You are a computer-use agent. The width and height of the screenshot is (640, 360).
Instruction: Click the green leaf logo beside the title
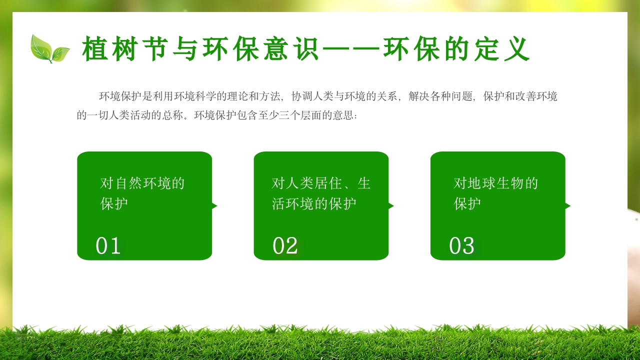coord(49,48)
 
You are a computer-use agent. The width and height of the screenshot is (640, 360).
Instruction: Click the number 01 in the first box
coord(108,246)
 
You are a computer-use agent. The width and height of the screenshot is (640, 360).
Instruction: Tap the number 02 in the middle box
coord(285,246)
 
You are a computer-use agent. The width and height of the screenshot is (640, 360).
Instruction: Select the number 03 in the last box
coord(461,246)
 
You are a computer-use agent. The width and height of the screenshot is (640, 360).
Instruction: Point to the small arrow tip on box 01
coord(215,206)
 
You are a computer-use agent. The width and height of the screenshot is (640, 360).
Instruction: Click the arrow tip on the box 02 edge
coord(391,206)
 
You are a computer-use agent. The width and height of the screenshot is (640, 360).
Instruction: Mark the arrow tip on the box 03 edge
coord(568,206)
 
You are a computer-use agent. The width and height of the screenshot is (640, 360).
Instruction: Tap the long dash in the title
coord(352,49)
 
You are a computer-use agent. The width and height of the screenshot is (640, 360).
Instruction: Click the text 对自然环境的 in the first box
coord(142,183)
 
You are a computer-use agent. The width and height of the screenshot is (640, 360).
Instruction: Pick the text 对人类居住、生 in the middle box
coord(321,183)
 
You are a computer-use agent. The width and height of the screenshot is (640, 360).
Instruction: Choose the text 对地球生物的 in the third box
coord(495,183)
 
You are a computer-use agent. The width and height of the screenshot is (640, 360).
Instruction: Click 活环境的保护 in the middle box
coord(314,203)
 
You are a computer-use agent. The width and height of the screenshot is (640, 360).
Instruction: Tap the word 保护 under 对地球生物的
coord(467,203)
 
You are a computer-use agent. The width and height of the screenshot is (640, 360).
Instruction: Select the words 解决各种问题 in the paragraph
coord(439,96)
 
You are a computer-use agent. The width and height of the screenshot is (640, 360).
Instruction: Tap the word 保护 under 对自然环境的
coord(114,203)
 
